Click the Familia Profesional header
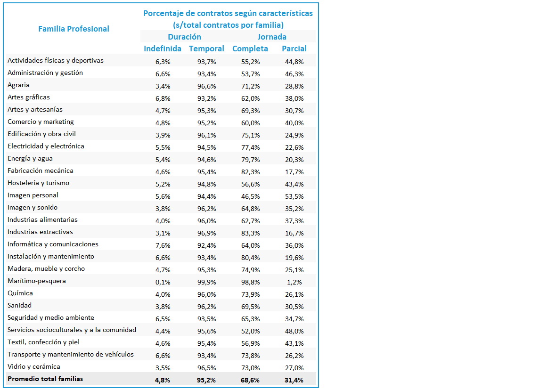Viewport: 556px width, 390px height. click(x=74, y=29)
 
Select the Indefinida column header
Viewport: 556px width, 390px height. click(x=163, y=49)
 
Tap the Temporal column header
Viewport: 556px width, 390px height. click(x=206, y=49)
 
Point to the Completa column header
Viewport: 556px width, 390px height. click(x=250, y=49)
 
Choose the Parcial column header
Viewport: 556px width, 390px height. click(x=294, y=49)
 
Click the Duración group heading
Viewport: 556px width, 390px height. click(x=184, y=37)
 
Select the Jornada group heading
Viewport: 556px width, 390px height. click(x=272, y=37)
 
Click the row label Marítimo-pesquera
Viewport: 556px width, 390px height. click(x=37, y=281)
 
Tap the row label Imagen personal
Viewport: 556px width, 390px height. click(x=33, y=195)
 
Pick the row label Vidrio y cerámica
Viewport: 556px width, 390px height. click(x=33, y=366)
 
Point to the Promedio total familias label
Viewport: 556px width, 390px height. click(x=45, y=379)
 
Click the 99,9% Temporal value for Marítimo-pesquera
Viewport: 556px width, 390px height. click(x=207, y=282)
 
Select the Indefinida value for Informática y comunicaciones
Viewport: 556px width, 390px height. click(x=163, y=245)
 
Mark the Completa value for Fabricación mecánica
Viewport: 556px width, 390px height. click(x=250, y=172)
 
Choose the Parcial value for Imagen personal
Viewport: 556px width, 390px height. click(x=294, y=196)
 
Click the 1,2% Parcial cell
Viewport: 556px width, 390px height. click(x=294, y=282)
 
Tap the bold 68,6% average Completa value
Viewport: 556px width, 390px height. click(x=250, y=380)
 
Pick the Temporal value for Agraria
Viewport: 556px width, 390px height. click(x=207, y=86)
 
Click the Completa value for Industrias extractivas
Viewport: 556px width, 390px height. click(x=250, y=233)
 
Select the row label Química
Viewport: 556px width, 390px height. click(x=20, y=293)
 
